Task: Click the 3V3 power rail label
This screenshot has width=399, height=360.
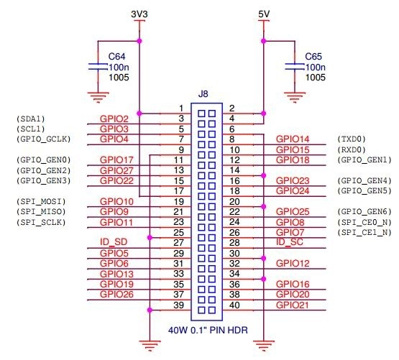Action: [139, 14]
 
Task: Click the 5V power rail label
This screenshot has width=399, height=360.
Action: [264, 14]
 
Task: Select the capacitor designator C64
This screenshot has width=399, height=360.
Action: [116, 55]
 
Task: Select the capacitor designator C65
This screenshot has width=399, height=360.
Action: [313, 55]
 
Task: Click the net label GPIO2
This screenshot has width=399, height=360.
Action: [114, 119]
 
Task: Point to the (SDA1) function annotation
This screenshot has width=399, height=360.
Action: [30, 119]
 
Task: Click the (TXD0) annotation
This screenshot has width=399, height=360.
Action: [352, 139]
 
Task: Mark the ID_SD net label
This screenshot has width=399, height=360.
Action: [114, 243]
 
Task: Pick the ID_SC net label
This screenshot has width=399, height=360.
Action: [289, 243]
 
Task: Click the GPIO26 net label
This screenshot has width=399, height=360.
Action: [116, 295]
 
